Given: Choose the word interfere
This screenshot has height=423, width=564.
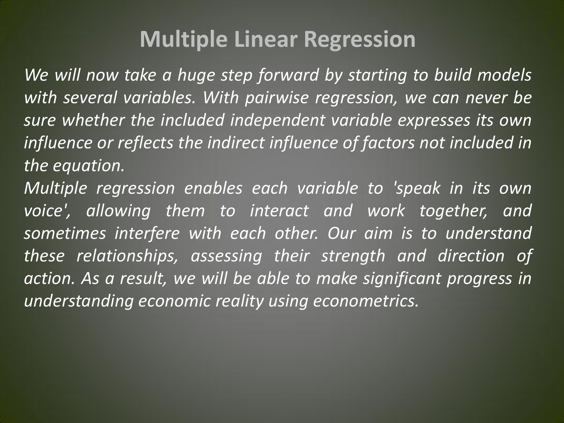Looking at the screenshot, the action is point(147,233).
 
